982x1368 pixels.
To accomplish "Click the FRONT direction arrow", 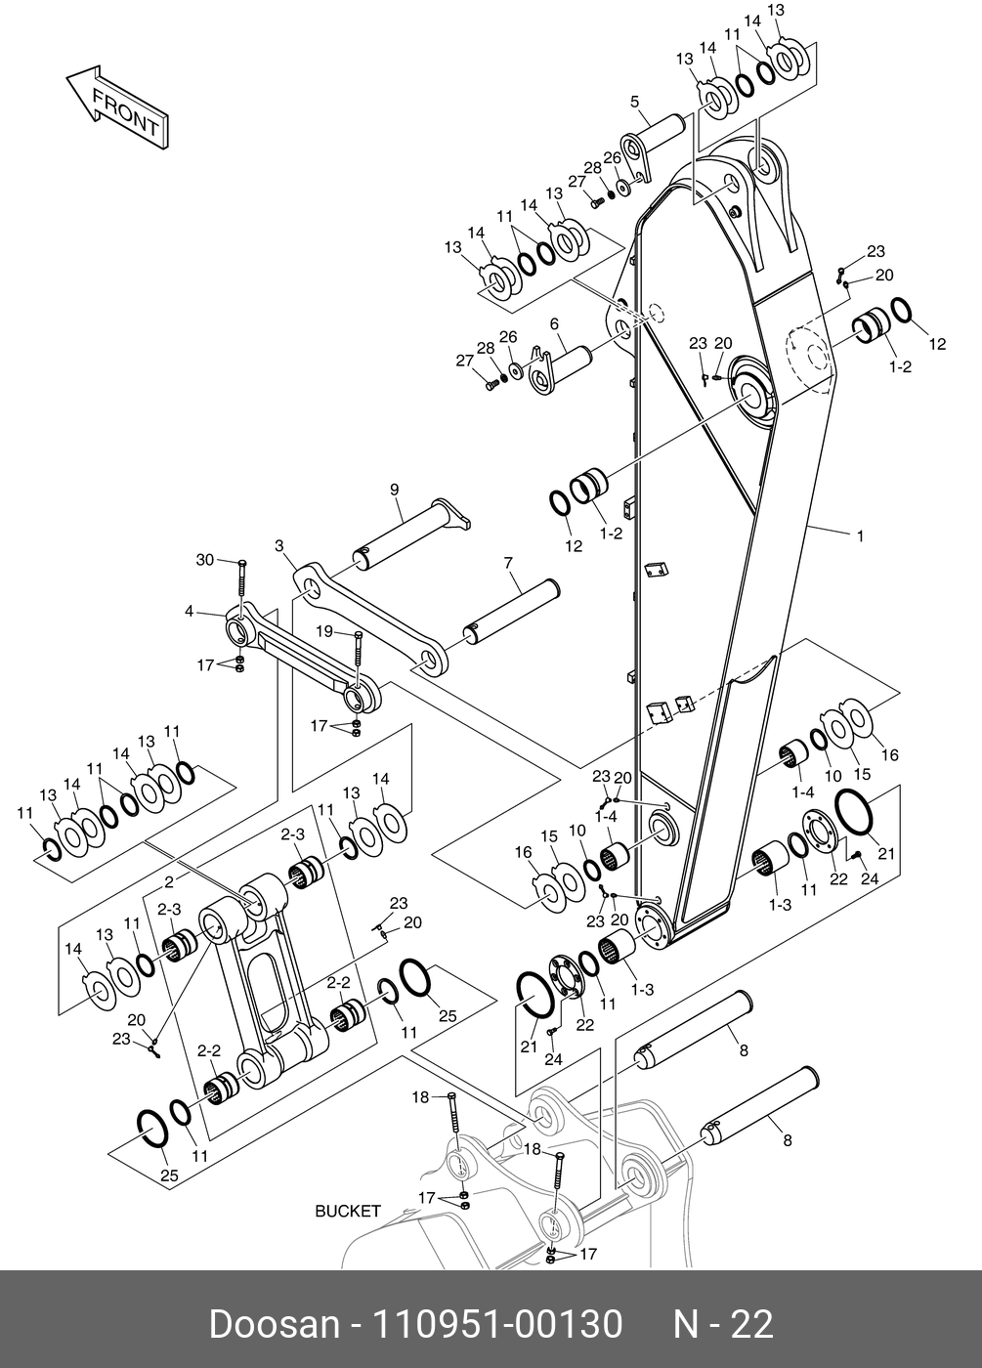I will click(x=114, y=107).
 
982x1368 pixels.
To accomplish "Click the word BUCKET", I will click(x=347, y=1211).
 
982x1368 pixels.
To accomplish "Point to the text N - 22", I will click(x=723, y=1324).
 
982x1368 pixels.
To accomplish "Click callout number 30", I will click(x=204, y=560).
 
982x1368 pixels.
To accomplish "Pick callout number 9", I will click(x=395, y=489).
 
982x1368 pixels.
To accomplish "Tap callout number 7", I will click(x=508, y=563).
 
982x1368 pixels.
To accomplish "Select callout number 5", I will click(x=633, y=101).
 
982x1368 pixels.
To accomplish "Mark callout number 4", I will click(x=189, y=613).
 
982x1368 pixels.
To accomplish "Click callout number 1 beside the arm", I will click(x=860, y=534).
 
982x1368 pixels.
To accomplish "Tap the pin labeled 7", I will click(x=513, y=610).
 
